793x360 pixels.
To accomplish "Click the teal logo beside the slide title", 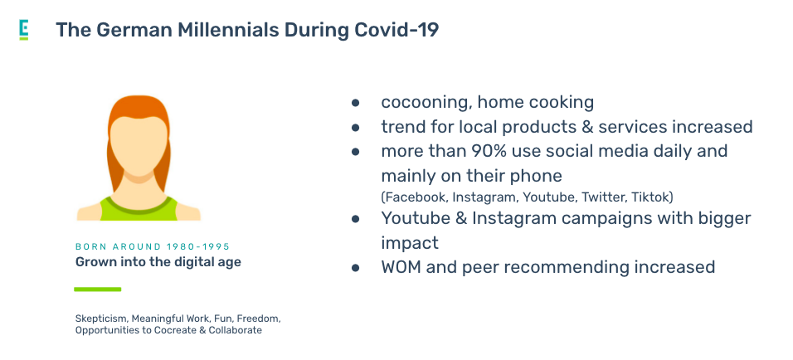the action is (24, 29).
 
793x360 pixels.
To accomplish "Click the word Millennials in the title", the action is (227, 30).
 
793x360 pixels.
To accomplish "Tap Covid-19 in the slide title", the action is (396, 30).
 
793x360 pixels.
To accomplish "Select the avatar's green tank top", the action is (139, 208).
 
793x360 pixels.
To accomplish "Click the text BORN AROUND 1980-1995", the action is (153, 246).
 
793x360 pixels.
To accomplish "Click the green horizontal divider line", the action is (98, 289).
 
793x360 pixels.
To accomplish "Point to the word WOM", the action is (401, 266).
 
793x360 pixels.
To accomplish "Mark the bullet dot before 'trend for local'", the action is (356, 128).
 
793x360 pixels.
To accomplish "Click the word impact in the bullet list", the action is (410, 244).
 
